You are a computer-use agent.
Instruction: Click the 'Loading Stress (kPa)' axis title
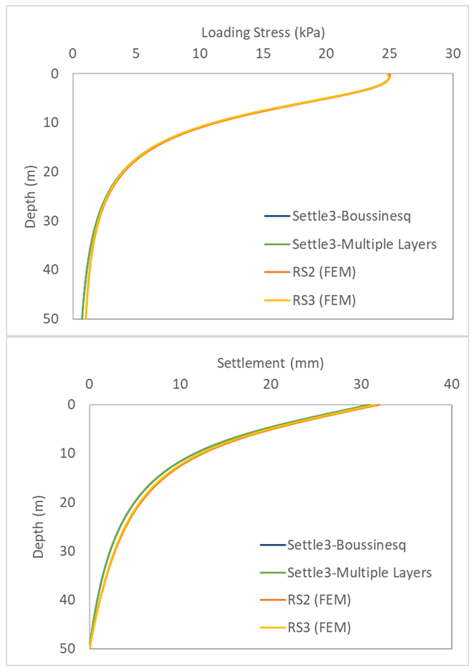[x=264, y=33]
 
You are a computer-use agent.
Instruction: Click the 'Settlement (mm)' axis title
[x=270, y=363]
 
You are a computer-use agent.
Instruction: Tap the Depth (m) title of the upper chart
[x=31, y=196]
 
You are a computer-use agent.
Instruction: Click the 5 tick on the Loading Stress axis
[x=136, y=54]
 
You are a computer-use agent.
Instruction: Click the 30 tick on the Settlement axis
[x=361, y=384]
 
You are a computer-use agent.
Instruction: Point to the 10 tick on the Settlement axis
[x=180, y=384]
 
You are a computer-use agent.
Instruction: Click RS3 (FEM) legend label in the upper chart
[x=324, y=299]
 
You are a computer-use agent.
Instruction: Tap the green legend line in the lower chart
[x=271, y=572]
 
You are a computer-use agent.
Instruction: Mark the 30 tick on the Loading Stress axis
[x=452, y=54]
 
